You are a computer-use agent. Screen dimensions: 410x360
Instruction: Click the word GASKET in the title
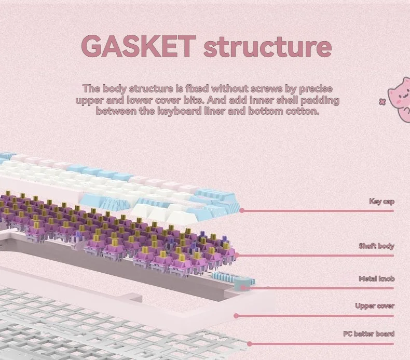[x=139, y=46]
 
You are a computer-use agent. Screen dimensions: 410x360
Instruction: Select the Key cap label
[x=381, y=202]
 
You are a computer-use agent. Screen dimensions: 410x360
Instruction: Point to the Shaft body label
[x=376, y=246]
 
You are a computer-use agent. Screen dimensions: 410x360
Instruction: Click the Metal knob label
[x=377, y=278]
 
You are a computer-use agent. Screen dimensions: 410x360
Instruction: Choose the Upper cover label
[x=375, y=306]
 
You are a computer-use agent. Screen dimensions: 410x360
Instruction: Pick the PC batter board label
[x=368, y=334]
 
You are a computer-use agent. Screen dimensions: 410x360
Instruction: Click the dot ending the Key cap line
[x=242, y=210]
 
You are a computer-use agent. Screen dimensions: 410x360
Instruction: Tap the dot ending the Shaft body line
[x=237, y=255]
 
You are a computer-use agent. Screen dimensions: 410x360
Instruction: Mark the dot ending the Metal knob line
[x=243, y=288]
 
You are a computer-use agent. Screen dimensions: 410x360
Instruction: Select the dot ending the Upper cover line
[x=236, y=316]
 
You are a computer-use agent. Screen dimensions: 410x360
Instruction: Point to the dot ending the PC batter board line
[x=250, y=344]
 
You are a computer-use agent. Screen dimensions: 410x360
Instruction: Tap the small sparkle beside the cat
[x=382, y=102]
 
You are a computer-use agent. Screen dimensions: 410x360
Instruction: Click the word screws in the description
[x=266, y=89]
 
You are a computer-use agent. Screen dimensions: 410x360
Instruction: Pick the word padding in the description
[x=320, y=100]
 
